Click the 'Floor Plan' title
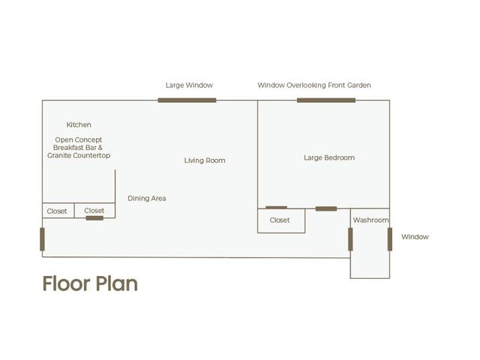90,283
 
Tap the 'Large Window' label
189,85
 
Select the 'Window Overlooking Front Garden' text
314,85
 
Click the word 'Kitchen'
79,124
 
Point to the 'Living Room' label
205,160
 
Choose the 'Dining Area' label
147,198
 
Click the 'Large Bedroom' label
329,157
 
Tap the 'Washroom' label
370,220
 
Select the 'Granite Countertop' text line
79,155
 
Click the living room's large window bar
187,100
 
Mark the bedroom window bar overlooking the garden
326,100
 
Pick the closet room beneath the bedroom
281,220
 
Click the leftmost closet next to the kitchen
58,211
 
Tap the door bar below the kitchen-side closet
94,218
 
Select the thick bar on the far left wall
42,239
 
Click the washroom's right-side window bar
390,239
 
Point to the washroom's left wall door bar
350,239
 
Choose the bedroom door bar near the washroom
326,208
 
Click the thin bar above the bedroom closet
277,208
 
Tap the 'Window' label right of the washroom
415,237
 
